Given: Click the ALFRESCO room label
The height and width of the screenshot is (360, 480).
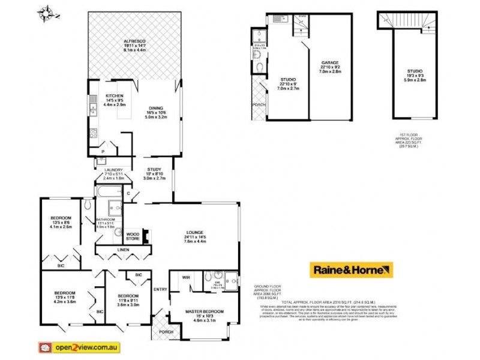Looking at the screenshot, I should pyautogui.click(x=135, y=41).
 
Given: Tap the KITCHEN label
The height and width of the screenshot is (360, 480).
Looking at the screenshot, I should pyautogui.click(x=115, y=96).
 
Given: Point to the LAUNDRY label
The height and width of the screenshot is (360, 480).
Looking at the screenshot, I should pyautogui.click(x=113, y=170).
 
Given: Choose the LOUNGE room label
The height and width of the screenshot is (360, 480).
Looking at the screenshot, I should pyautogui.click(x=194, y=232).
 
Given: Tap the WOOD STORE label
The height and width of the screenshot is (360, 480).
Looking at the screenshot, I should pyautogui.click(x=133, y=236).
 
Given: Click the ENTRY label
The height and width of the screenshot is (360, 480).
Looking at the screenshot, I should pyautogui.click(x=160, y=290).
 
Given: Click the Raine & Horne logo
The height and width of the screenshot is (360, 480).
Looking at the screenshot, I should pyautogui.click(x=351, y=270).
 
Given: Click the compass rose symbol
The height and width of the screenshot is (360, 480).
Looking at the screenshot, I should pyautogui.click(x=46, y=12).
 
